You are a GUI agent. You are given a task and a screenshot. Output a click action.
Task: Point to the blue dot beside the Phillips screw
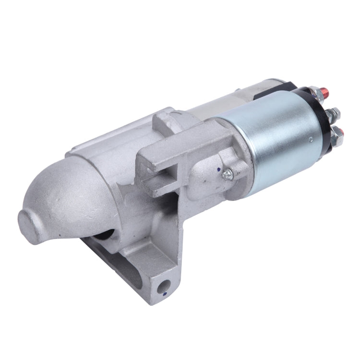tap(220, 169)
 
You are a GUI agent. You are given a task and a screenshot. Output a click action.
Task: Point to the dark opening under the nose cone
tap(107, 235)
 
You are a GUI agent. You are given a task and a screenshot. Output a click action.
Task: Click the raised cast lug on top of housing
tap(168, 120)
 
